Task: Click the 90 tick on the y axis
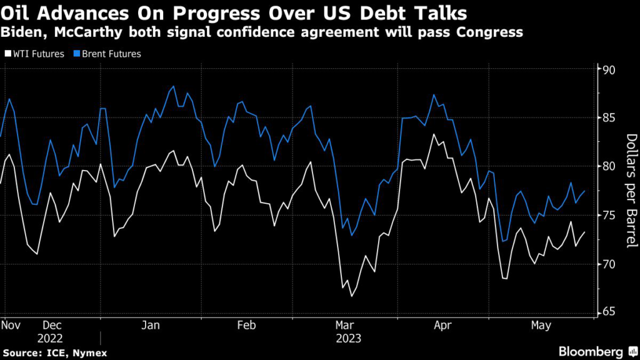tap(606, 69)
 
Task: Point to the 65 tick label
tap(606, 312)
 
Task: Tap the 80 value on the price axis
tap(606, 166)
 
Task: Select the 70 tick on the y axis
tap(606, 264)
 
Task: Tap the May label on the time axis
tap(541, 326)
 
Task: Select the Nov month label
tap(13, 326)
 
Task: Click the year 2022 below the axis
tap(51, 338)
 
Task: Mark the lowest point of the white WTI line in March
tap(352, 296)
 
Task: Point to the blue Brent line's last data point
tap(584, 191)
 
